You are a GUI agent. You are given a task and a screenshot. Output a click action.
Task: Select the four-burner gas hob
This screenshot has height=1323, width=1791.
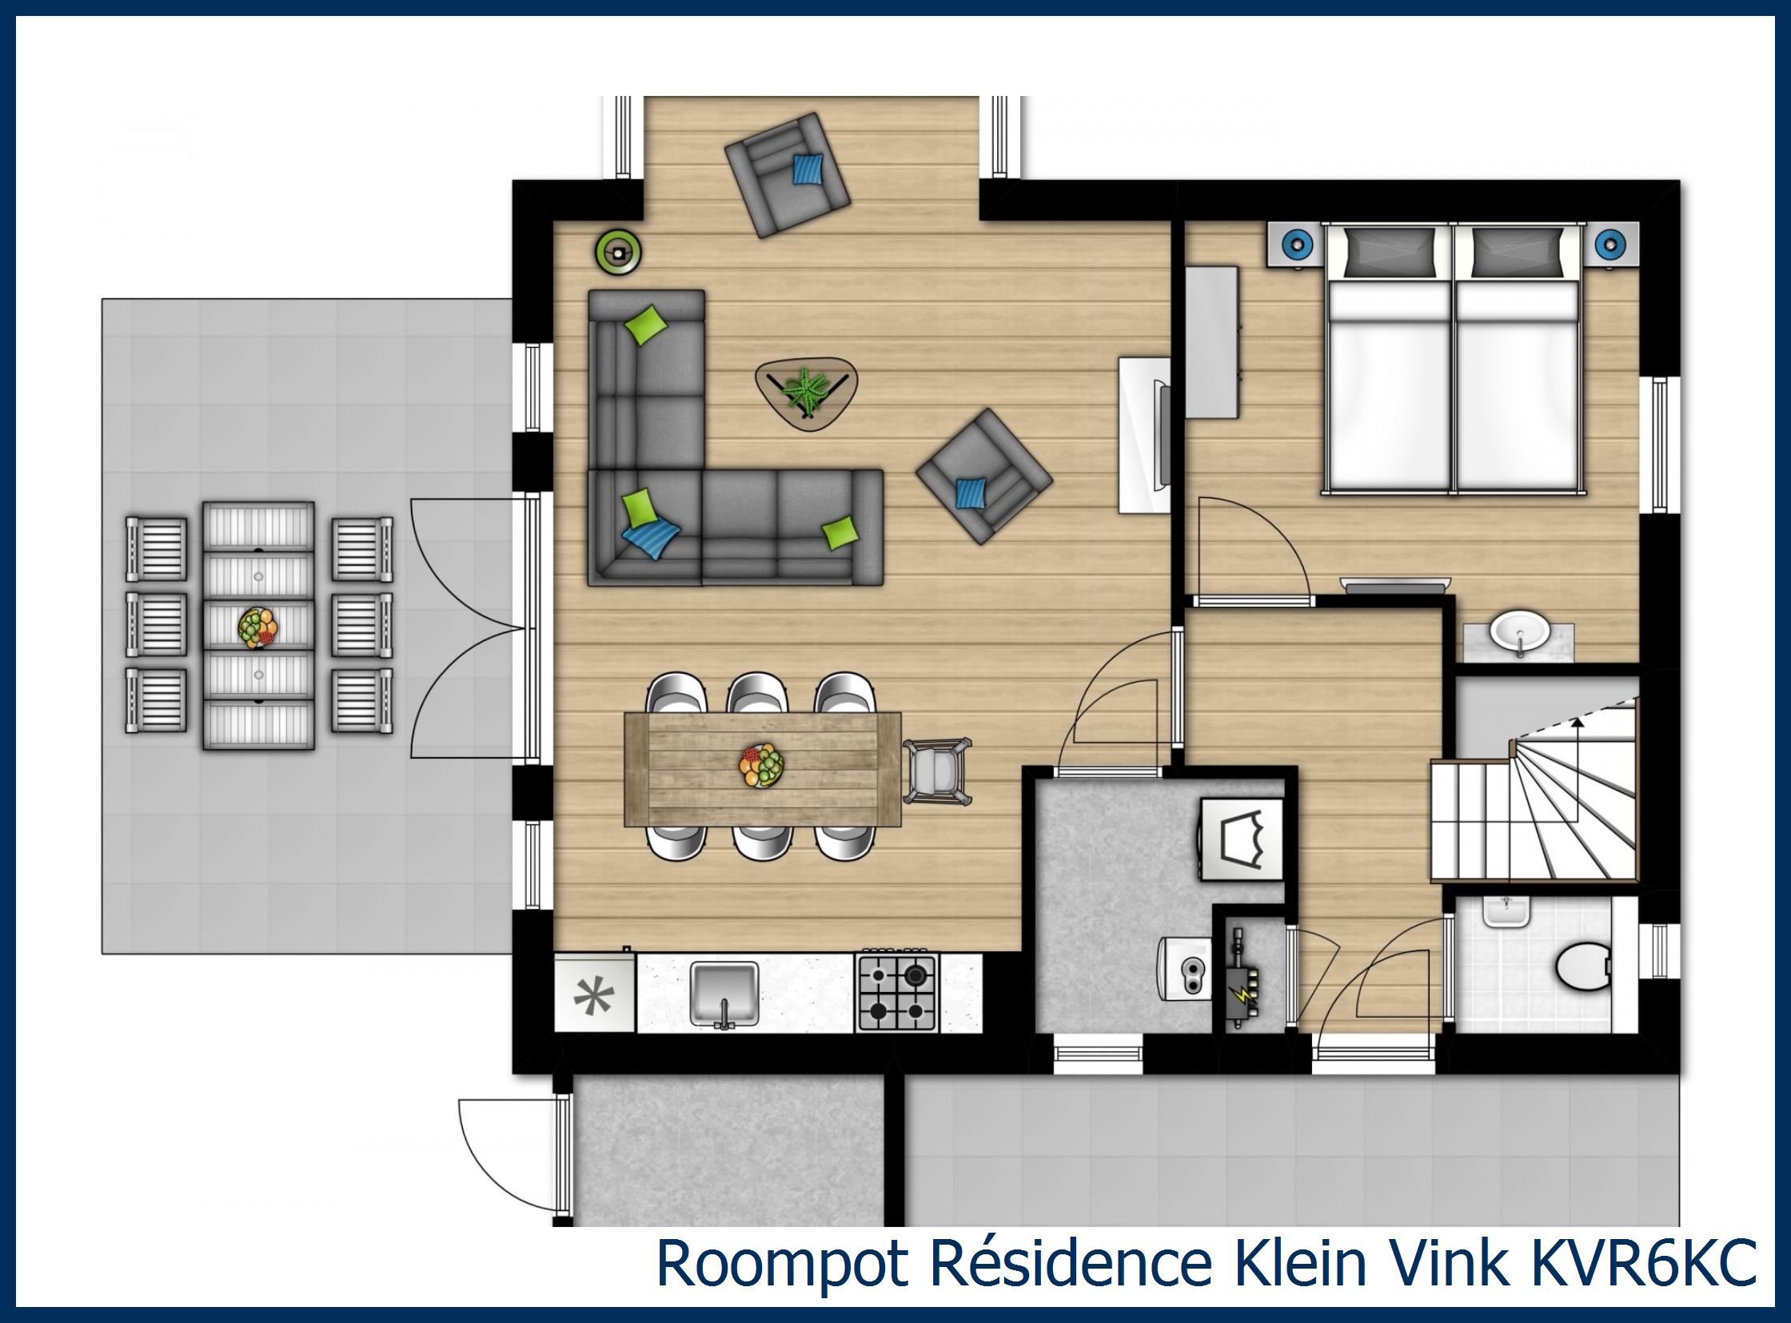(x=897, y=992)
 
